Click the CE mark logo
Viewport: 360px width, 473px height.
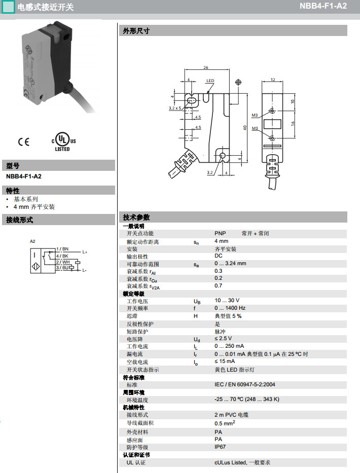[23, 142]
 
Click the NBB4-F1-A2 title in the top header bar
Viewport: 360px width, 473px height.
[323, 6]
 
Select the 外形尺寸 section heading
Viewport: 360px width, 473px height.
[136, 31]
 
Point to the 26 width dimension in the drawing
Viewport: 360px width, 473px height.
[206, 67]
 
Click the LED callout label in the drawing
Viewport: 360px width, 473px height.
[210, 81]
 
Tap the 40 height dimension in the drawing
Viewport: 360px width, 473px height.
[245, 128]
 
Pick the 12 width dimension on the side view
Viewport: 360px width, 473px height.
[273, 80]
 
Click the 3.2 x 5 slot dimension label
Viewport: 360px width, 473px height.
[175, 108]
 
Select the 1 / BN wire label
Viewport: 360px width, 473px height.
[62, 249]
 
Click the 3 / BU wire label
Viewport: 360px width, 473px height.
[62, 268]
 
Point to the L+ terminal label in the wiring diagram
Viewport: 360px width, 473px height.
[85, 252]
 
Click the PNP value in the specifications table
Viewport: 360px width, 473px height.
[220, 234]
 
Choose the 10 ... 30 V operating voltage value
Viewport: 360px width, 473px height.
[227, 301]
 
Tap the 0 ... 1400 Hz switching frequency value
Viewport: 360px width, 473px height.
[230, 308]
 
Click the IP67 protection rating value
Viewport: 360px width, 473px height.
[220, 447]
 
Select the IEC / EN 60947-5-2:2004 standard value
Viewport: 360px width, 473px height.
[245, 384]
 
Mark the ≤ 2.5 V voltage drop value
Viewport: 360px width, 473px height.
[223, 339]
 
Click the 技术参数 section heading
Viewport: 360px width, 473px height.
[136, 217]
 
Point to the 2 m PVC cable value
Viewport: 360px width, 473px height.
[231, 415]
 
